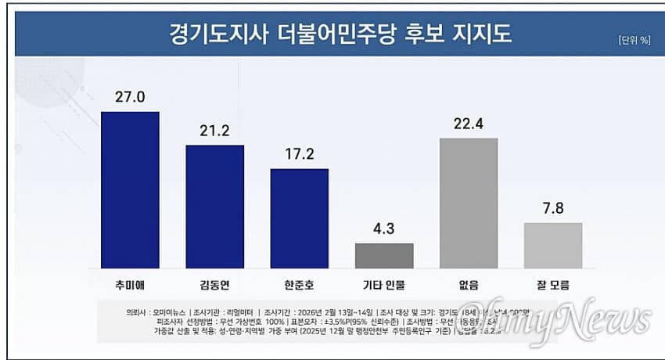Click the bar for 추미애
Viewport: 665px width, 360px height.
130,189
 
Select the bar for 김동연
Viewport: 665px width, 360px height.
214,207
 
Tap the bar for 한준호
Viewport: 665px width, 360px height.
299,218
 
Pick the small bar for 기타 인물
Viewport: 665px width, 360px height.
384,256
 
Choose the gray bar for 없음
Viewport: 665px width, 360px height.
469,203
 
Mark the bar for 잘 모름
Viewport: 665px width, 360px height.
553,246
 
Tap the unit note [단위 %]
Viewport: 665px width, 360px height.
634,41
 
